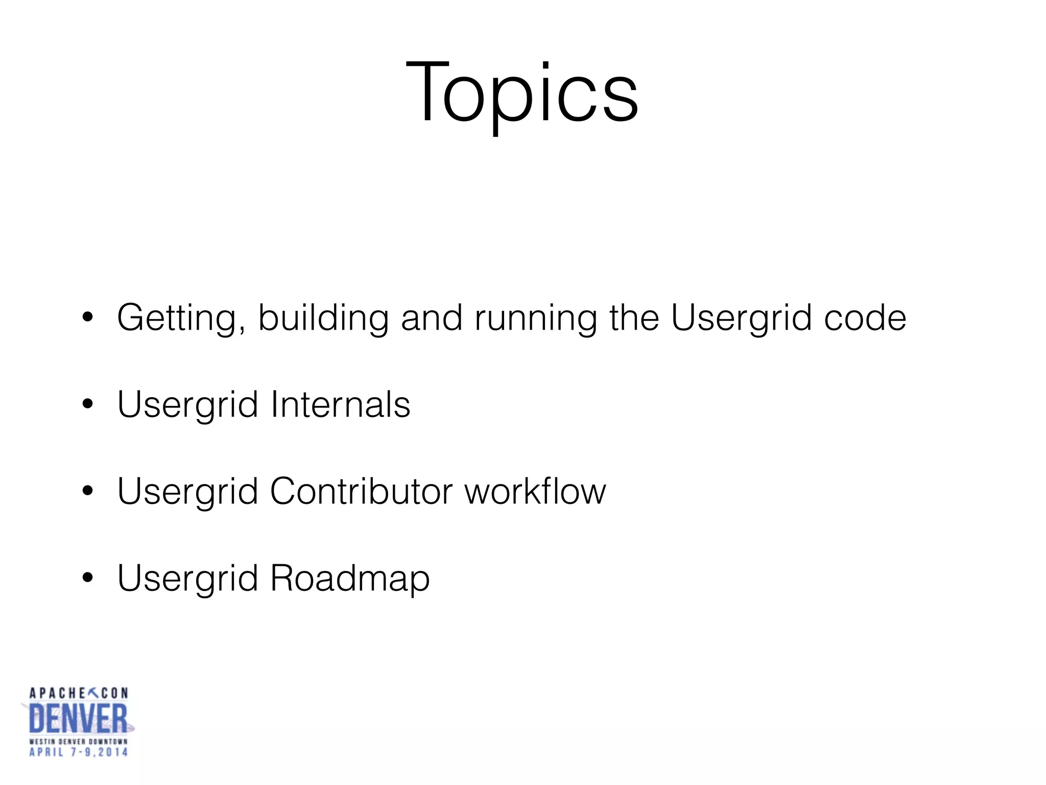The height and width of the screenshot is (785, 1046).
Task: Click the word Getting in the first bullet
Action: pyautogui.click(x=176, y=318)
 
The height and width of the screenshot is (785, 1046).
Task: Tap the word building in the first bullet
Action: pyautogui.click(x=323, y=318)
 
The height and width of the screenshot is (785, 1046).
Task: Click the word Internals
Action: pyautogui.click(x=340, y=404)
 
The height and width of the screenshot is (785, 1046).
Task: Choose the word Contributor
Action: pyautogui.click(x=361, y=491)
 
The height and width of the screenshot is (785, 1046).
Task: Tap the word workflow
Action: pyautogui.click(x=535, y=491)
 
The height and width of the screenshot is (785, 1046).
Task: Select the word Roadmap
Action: pyautogui.click(x=350, y=579)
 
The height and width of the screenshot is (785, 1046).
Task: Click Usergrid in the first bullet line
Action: pyautogui.click(x=741, y=318)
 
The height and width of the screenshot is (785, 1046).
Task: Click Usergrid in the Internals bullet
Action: pyautogui.click(x=187, y=405)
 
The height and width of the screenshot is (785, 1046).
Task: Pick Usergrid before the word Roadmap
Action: pyautogui.click(x=187, y=579)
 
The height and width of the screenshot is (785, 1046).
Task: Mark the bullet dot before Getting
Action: pyautogui.click(x=88, y=317)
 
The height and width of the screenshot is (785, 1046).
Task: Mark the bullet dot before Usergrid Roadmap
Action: pyautogui.click(x=88, y=578)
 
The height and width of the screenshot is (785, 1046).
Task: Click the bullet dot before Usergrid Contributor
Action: pyautogui.click(x=88, y=491)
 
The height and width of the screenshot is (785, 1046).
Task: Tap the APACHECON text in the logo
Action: pyautogui.click(x=78, y=693)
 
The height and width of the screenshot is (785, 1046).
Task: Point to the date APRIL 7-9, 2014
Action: pyautogui.click(x=78, y=752)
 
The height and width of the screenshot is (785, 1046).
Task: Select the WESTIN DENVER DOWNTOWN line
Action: pyautogui.click(x=78, y=741)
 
